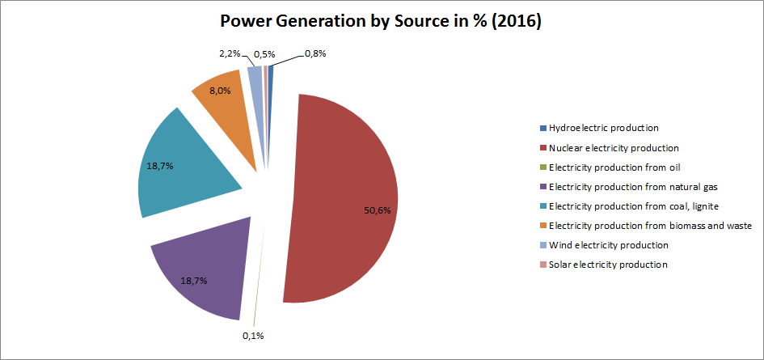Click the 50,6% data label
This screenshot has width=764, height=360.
click(x=378, y=210)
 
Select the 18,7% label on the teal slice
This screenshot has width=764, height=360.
click(x=160, y=165)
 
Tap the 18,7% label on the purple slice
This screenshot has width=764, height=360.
click(x=194, y=281)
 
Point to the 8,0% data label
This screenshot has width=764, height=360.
click(x=220, y=91)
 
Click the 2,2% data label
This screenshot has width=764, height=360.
click(x=230, y=53)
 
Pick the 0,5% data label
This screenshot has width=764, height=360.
click(x=265, y=54)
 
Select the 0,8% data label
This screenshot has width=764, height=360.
click(x=314, y=54)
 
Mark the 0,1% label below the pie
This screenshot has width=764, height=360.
click(x=253, y=336)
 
